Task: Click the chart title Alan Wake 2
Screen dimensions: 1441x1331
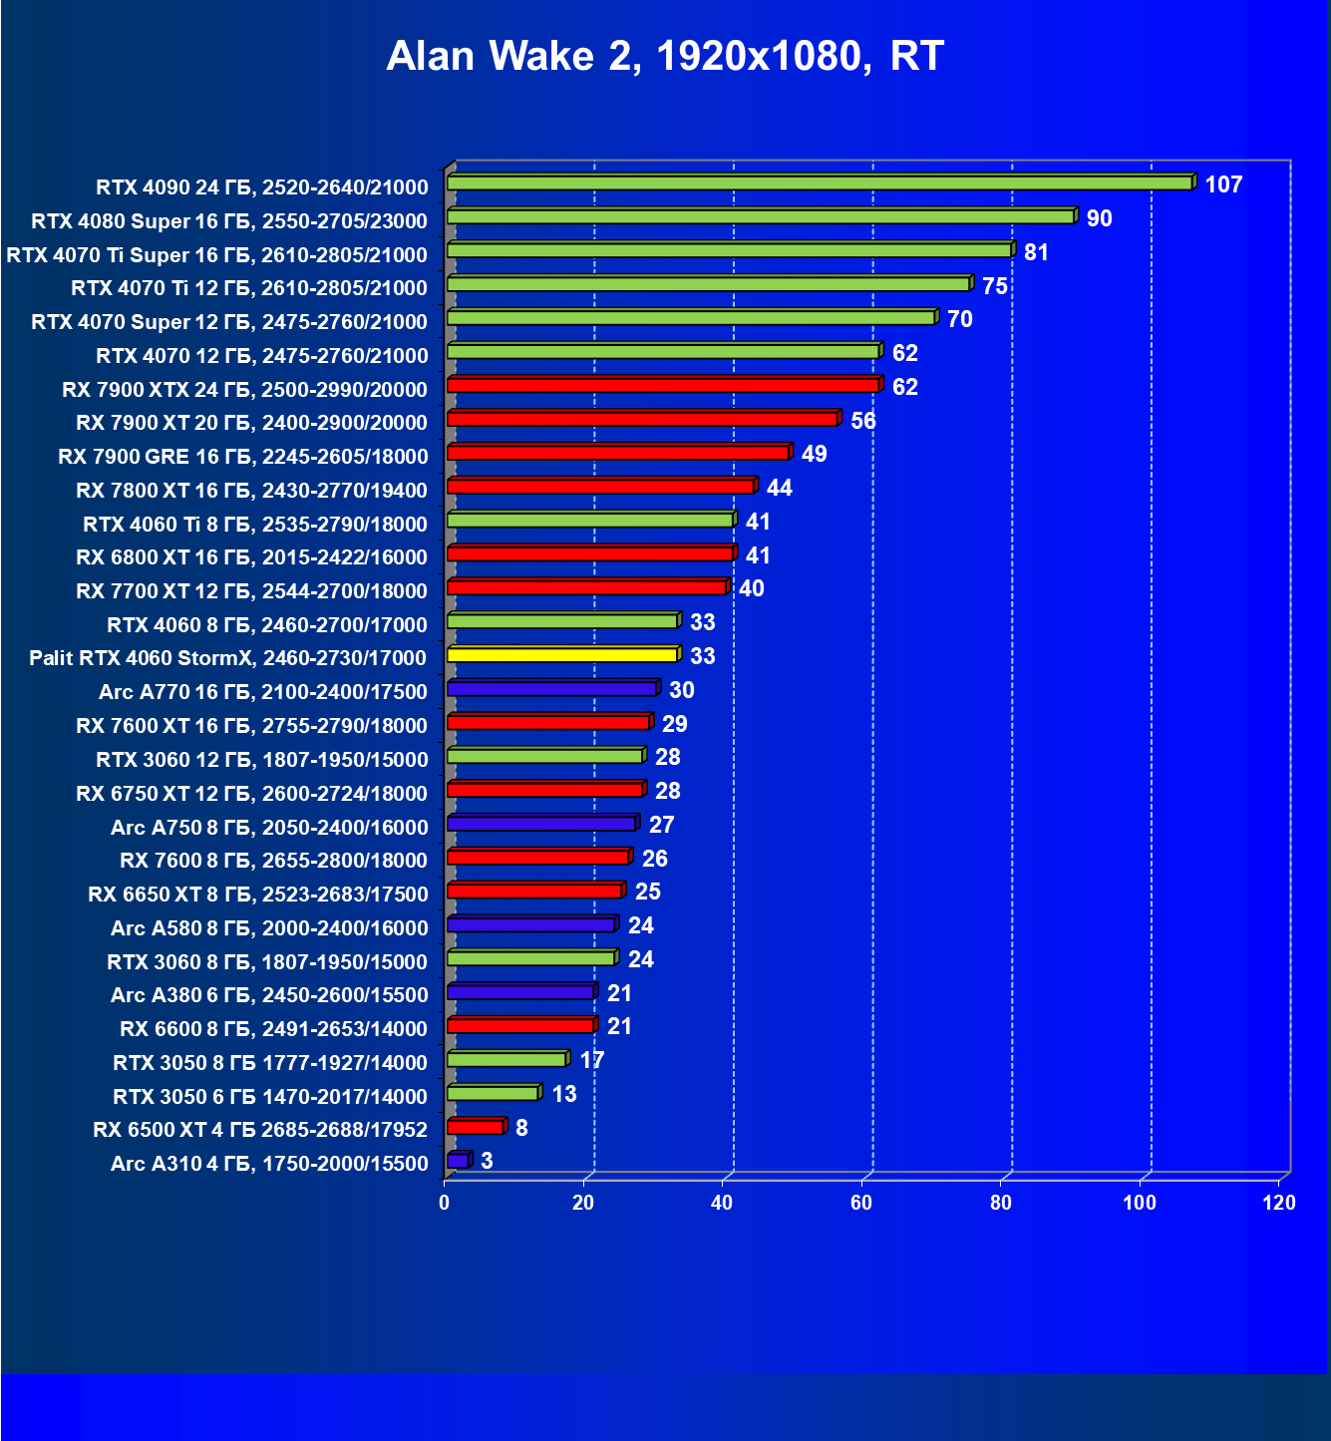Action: pos(665,57)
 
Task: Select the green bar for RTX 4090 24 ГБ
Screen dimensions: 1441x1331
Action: pos(820,183)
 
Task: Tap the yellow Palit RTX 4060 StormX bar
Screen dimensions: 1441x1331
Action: pos(562,655)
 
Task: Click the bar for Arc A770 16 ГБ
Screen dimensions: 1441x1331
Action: pos(551,689)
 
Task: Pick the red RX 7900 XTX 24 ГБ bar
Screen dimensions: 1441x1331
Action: pos(663,385)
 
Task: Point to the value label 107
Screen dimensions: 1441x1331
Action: pos(1223,184)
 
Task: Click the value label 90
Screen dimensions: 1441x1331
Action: pos(1099,218)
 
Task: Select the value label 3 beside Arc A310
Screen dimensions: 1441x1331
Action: pos(487,1161)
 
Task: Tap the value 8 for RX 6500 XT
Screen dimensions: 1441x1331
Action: pos(521,1128)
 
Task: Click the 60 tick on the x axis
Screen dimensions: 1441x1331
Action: pos(861,1203)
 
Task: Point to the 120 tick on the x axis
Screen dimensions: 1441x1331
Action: pos(1279,1203)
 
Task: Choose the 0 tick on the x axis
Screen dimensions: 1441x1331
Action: pos(445,1203)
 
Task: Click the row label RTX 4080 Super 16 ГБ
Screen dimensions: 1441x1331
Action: pos(229,221)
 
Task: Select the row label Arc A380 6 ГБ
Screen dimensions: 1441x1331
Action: pos(269,995)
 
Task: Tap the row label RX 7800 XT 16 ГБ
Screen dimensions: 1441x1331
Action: pos(251,491)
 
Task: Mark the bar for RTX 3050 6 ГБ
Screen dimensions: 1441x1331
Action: pos(493,1093)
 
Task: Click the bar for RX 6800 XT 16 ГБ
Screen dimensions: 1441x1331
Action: pos(590,553)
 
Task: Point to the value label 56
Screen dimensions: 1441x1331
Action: pos(863,421)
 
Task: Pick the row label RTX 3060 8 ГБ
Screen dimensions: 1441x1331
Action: pos(267,962)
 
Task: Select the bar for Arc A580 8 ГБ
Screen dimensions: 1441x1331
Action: pos(530,925)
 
